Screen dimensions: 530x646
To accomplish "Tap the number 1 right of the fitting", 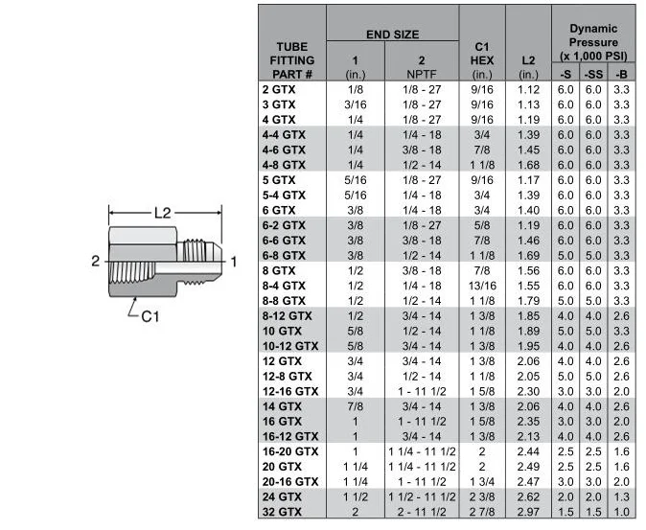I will (x=235, y=261).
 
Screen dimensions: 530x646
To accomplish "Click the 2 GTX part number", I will (x=278, y=89).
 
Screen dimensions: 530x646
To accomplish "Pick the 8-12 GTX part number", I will (x=287, y=315).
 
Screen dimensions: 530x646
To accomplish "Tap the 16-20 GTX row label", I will (x=289, y=450).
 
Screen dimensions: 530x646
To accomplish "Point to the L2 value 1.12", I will (x=528, y=89).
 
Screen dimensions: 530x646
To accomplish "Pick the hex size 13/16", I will (x=482, y=286).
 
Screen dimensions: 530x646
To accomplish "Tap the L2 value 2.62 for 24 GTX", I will (x=528, y=496).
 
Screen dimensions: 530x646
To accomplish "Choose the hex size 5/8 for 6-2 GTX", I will (x=482, y=225).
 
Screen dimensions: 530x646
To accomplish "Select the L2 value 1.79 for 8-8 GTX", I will (x=528, y=301).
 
